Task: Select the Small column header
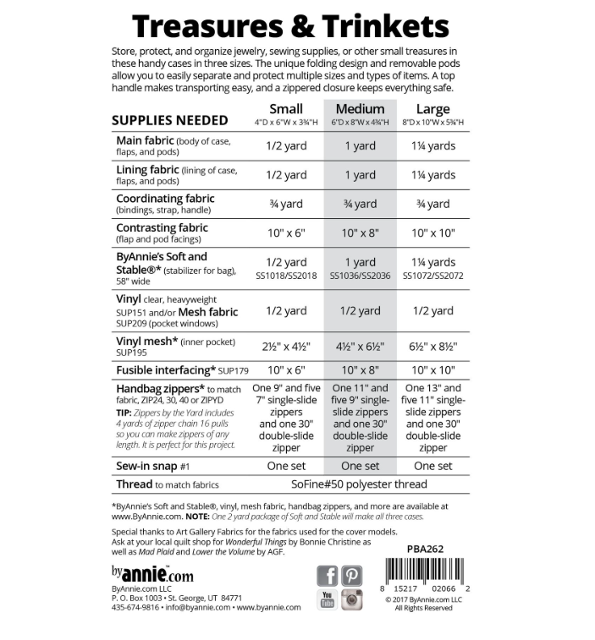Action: tap(285, 109)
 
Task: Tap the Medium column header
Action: tap(360, 109)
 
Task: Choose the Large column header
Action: tap(432, 109)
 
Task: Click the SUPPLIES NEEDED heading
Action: tap(169, 120)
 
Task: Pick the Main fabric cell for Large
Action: tap(432, 145)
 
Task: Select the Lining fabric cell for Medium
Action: tap(360, 175)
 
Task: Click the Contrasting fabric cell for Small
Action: tap(285, 232)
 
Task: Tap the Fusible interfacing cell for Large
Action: tap(432, 370)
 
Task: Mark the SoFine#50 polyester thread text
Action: tap(360, 484)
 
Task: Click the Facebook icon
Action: tap(328, 576)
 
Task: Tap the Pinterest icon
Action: tap(352, 576)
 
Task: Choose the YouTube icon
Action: tap(328, 599)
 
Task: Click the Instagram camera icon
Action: tap(352, 599)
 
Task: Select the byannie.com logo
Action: tap(152, 575)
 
